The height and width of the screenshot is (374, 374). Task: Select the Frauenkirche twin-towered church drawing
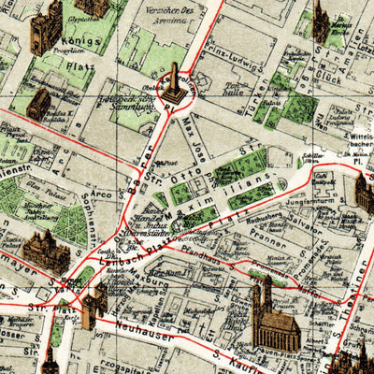point(272,318)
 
